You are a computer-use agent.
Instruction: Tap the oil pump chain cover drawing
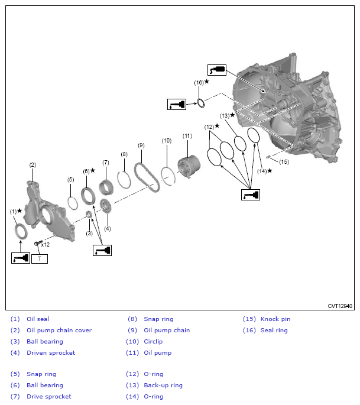50,206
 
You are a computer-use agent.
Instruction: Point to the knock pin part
268,157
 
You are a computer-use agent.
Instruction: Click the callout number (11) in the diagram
187,136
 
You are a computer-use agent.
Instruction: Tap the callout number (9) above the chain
141,145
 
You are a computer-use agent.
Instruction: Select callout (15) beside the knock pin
284,161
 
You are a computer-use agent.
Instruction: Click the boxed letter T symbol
40,258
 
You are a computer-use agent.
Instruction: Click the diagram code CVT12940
340,306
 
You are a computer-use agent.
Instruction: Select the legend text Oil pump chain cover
59,331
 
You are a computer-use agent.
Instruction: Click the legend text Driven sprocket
50,353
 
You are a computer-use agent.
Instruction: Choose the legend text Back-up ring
163,385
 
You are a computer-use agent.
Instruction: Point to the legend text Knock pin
275,319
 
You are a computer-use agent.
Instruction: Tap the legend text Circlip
153,342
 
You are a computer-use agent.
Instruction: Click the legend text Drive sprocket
48,397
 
